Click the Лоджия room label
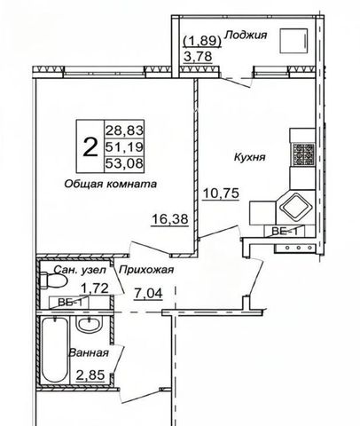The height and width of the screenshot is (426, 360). tap(246, 35)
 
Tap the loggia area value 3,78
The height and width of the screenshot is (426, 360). tap(198, 56)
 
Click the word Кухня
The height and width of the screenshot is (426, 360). tap(249, 157)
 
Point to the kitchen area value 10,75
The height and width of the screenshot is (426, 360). tap(221, 193)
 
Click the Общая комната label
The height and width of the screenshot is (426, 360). tap(110, 184)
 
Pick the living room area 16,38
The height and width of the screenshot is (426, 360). tap(170, 219)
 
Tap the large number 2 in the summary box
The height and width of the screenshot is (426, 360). tap(90, 147)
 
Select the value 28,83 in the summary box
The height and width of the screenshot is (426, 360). tap(124, 130)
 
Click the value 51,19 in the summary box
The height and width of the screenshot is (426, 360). tap(124, 146)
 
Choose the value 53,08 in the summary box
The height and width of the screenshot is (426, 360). tap(124, 163)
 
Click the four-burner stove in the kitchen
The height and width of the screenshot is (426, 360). tap(303, 154)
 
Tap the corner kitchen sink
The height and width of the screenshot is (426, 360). tap(296, 205)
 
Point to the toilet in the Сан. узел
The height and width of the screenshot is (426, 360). tap(52, 280)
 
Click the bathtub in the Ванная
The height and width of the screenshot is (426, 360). tap(55, 350)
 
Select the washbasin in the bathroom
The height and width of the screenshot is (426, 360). tap(89, 325)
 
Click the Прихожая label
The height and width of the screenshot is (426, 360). tap(146, 270)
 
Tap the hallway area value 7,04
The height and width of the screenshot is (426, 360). tap(148, 294)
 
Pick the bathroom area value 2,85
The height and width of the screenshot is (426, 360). tap(90, 375)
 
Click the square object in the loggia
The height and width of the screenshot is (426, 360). tap(293, 41)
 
